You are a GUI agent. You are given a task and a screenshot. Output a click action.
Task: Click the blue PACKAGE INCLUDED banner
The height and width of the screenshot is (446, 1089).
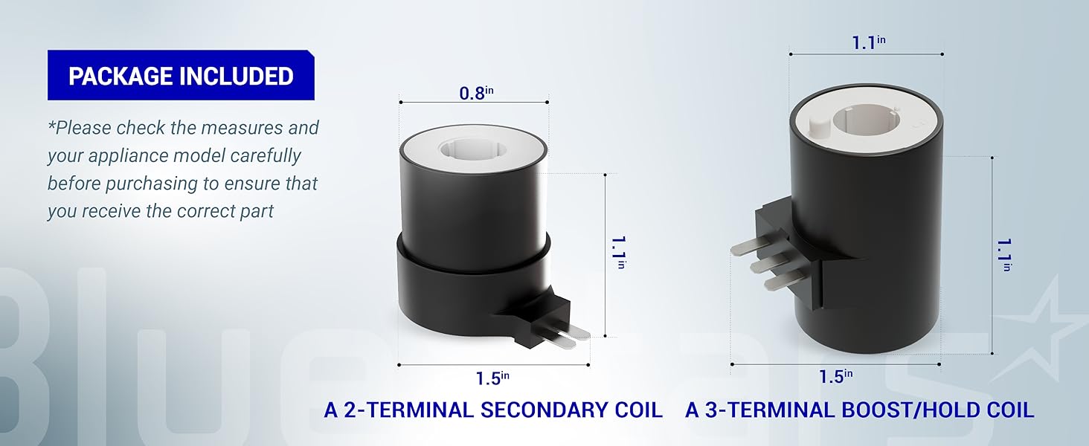point(181,75)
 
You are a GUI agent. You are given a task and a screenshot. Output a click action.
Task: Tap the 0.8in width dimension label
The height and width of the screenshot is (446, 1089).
point(476,93)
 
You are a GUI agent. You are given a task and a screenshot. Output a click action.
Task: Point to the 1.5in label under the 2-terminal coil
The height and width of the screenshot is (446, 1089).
point(492,378)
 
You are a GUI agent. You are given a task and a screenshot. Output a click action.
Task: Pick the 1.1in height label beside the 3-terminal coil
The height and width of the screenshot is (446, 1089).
point(1005,255)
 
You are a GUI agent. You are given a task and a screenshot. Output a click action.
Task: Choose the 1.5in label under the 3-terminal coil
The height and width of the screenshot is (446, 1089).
point(836,377)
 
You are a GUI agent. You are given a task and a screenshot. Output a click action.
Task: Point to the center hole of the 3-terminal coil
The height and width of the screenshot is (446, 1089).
point(863,120)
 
